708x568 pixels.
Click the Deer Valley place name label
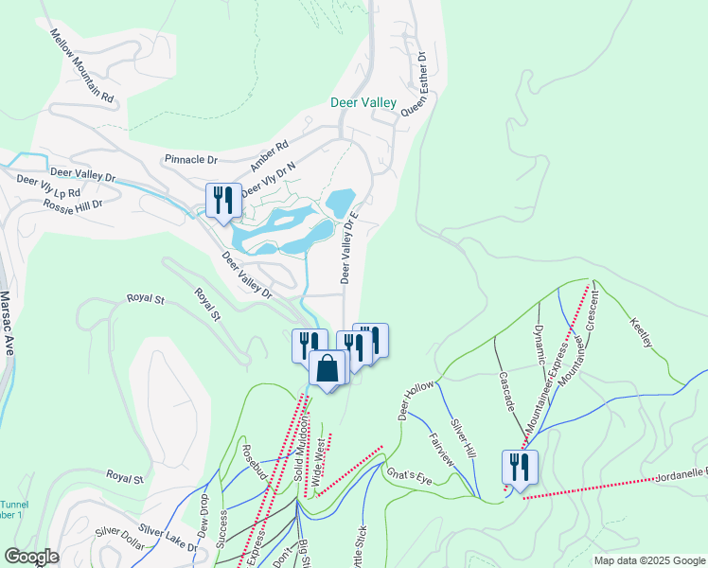tap(366, 102)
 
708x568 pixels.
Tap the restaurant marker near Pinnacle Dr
tap(221, 200)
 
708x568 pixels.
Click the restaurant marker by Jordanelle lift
tap(520, 467)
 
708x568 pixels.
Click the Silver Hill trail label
tap(463, 440)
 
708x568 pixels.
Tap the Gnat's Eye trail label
tap(408, 477)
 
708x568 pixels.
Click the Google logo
tap(30, 557)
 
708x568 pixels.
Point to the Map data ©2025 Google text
tap(648, 560)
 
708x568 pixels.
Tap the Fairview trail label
tap(442, 450)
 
